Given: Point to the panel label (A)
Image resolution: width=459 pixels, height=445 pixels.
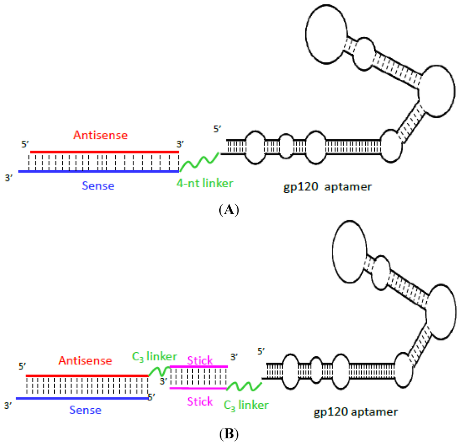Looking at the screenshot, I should pos(229,210).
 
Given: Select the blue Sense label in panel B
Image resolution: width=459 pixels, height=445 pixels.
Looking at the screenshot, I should pos(85,410).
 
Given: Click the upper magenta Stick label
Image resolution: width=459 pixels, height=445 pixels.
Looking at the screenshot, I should pos(199,360).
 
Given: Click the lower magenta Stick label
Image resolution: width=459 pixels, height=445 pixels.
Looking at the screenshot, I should pos(199,401).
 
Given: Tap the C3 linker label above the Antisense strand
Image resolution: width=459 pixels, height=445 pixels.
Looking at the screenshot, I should pos(154,357).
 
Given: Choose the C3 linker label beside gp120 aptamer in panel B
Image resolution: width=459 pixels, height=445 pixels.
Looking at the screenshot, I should pos(246,405).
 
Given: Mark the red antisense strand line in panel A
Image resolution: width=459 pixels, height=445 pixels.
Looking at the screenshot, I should pos(104,152).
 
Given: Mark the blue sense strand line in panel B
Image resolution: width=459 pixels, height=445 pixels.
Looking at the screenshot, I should pos(82,398).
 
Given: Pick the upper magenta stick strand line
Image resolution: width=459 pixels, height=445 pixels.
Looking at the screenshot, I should pos(199,367).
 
